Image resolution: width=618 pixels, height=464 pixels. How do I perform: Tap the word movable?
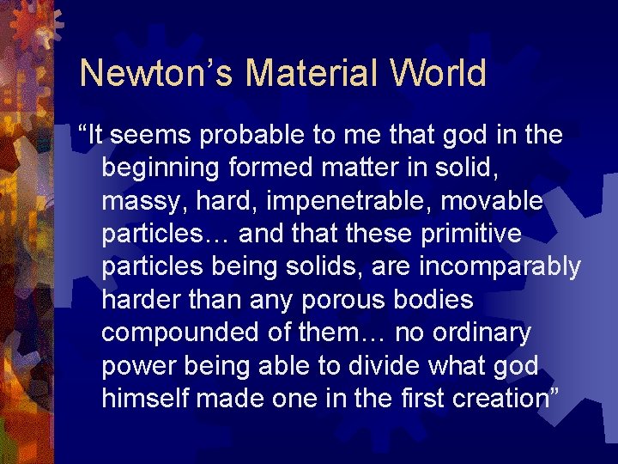501,201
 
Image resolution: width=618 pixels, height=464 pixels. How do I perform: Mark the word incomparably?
500,267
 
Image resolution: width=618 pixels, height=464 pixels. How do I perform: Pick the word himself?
145,398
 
